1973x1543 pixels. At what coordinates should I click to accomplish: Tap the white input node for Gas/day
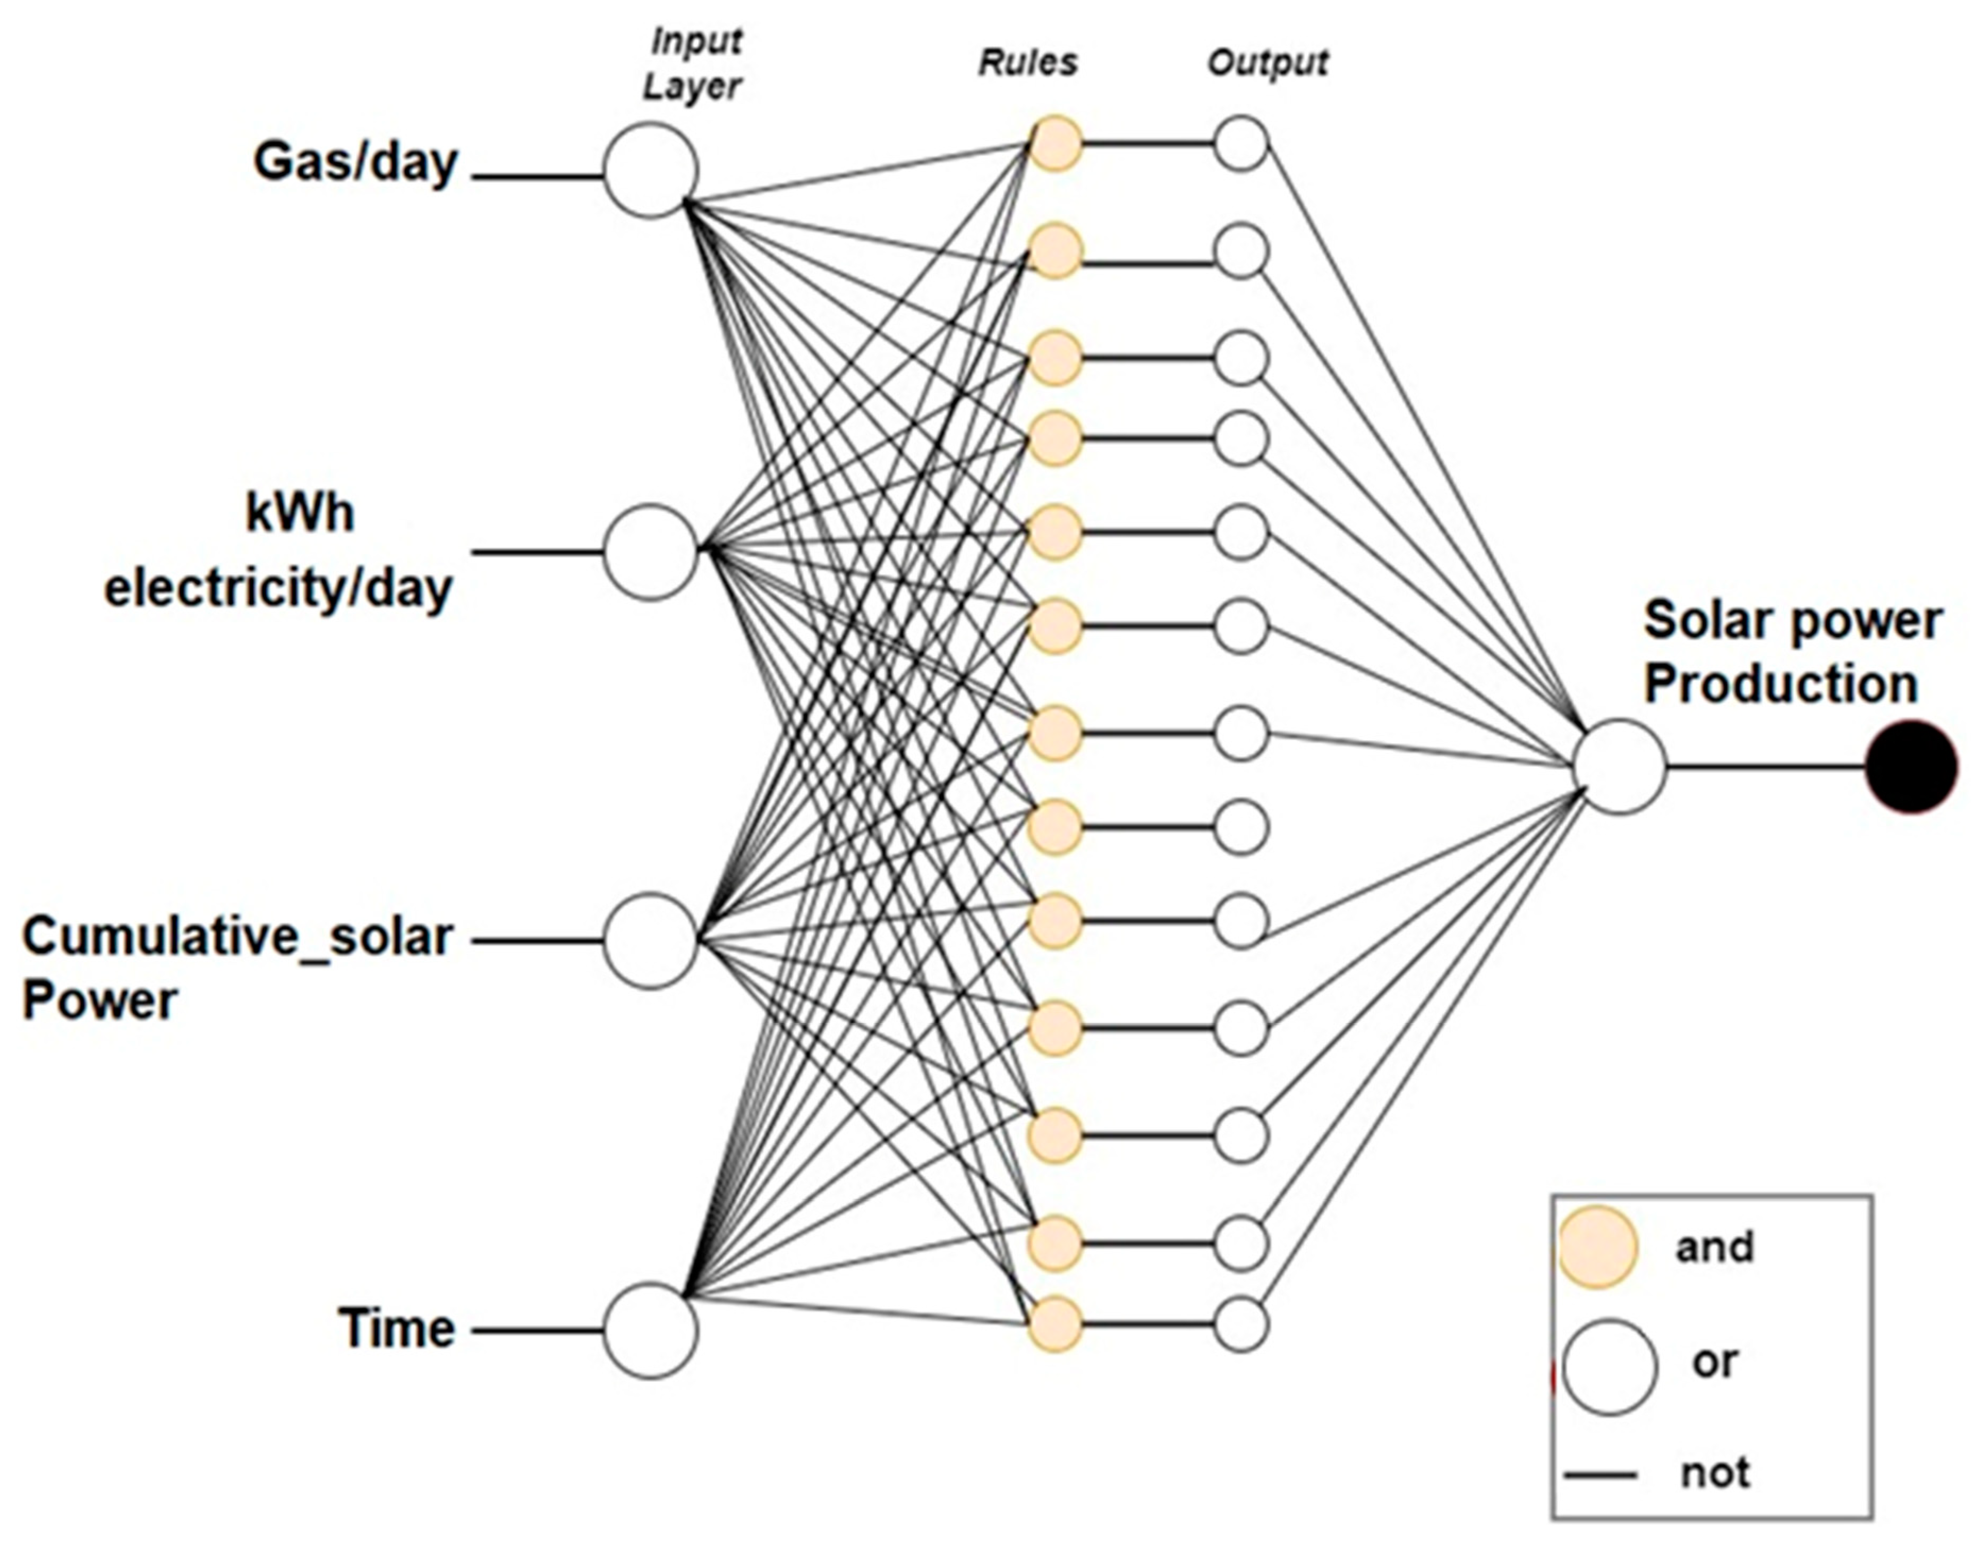650,170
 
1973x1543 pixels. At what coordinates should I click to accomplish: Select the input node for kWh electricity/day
650,552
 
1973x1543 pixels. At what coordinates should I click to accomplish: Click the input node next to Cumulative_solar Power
650,940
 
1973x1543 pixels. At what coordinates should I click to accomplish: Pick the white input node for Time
650,1330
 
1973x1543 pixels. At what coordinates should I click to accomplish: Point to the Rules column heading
1028,62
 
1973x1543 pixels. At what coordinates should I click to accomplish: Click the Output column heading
1268,62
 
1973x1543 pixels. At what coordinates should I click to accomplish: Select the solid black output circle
1911,767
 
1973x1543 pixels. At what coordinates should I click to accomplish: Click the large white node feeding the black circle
1619,767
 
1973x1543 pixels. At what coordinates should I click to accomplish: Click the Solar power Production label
1791,652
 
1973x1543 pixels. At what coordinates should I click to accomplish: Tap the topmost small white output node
1241,143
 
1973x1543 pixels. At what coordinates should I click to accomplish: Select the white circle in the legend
1610,1367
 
